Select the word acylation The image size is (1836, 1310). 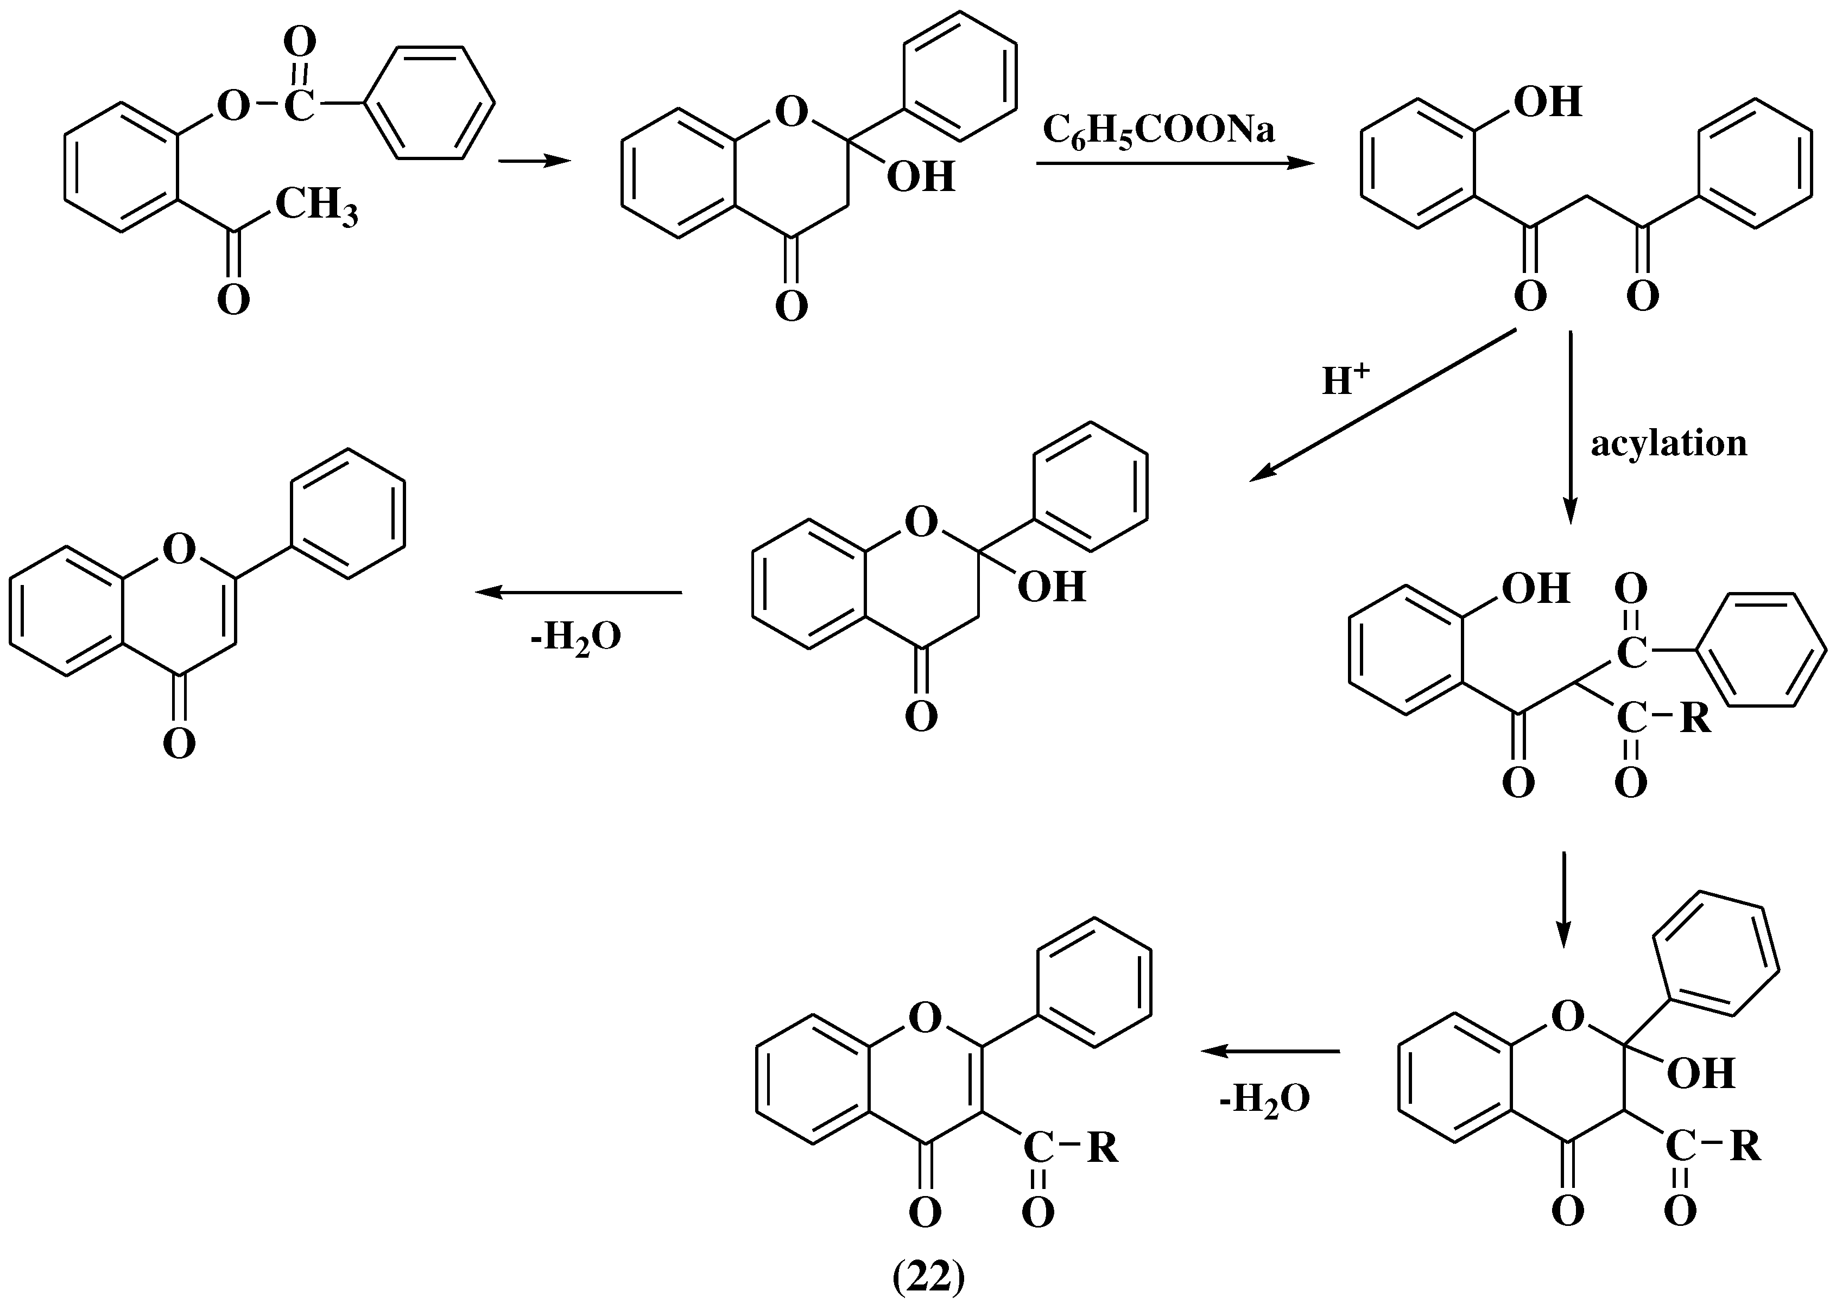pos(1668,444)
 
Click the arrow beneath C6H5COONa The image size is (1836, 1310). pos(1174,164)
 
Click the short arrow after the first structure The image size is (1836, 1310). pos(534,161)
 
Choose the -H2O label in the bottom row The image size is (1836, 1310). pos(1264,1099)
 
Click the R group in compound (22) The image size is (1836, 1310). pos(1103,1148)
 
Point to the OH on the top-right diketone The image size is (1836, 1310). pos(1547,103)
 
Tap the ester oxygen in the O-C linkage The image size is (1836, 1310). pos(233,105)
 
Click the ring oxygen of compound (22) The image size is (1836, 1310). pos(925,1018)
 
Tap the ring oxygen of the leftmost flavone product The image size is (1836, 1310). pos(179,550)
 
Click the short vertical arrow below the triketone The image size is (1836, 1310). pos(1564,899)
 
